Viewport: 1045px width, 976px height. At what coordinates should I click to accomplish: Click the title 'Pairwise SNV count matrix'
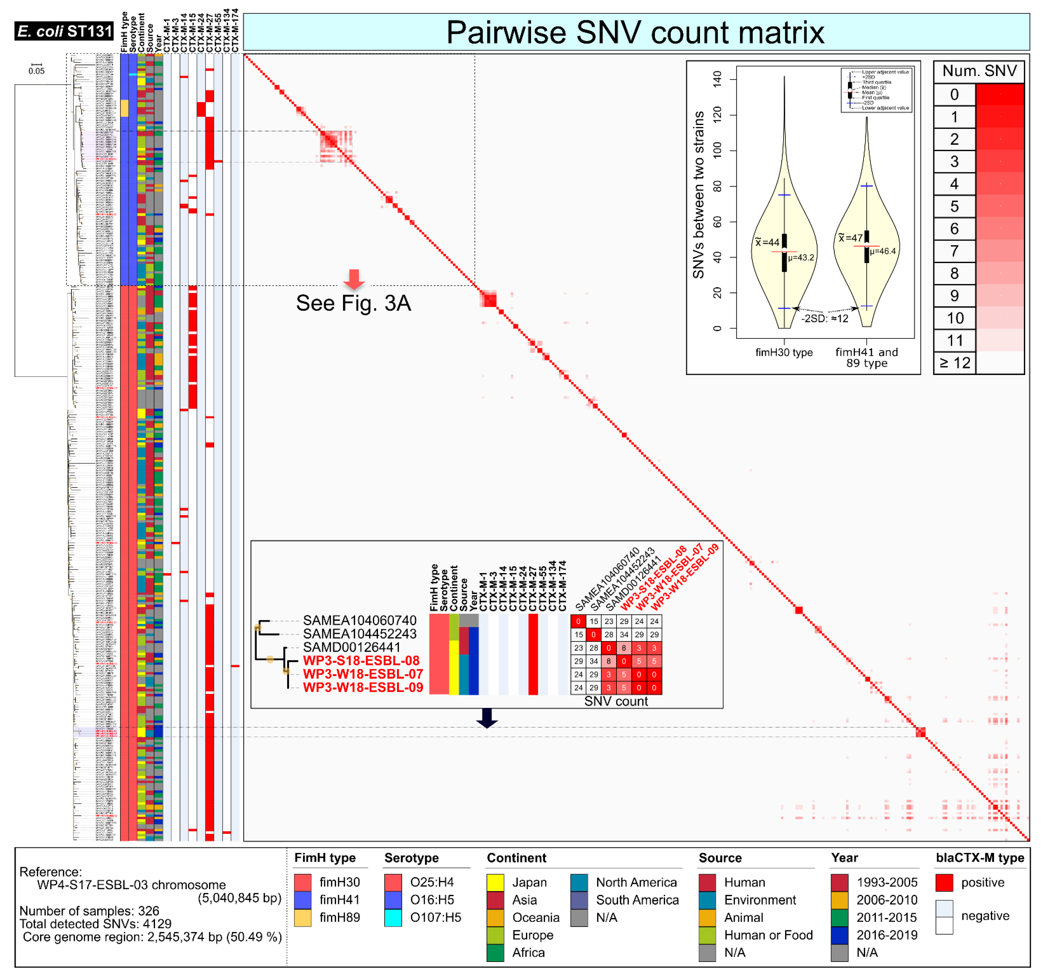(635, 32)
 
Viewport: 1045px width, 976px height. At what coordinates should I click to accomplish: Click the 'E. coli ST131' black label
(64, 32)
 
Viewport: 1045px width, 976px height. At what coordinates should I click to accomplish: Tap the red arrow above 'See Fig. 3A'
(354, 279)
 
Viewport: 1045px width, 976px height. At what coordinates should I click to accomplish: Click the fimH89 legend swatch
(303, 918)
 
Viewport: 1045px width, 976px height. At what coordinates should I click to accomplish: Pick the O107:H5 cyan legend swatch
(393, 918)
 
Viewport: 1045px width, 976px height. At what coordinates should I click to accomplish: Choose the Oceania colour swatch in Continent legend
(495, 918)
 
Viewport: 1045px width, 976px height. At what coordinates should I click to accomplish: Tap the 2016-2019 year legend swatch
(839, 935)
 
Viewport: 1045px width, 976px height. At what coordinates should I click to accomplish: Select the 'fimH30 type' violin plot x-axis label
(784, 352)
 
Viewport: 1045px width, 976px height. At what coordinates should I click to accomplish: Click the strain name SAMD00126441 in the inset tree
(352, 647)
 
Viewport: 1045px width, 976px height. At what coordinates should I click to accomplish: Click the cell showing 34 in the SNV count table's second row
(624, 635)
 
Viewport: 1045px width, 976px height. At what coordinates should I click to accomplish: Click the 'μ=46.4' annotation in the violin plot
(883, 251)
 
